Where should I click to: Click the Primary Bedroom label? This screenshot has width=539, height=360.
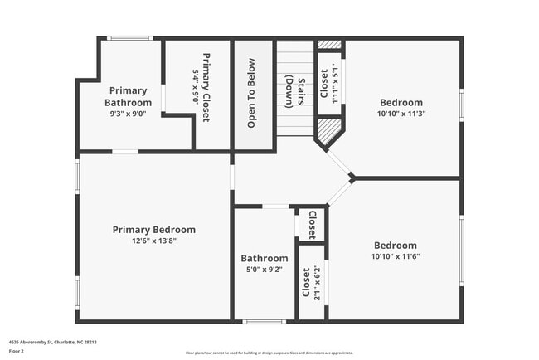pos(154,230)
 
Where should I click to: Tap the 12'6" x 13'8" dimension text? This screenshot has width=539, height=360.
pos(154,241)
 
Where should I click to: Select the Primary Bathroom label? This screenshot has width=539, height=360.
pos(127,96)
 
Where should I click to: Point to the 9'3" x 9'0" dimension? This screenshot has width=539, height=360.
pos(127,114)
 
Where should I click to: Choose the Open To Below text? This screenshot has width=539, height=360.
pos(250,93)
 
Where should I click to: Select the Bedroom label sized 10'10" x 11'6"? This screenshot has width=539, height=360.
pos(396,246)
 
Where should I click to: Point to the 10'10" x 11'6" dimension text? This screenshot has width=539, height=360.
pos(396,257)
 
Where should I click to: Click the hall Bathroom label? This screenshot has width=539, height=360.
pos(265,258)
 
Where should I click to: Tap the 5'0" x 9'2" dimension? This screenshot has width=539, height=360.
pos(265,269)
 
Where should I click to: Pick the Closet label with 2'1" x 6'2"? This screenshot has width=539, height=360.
pos(307,283)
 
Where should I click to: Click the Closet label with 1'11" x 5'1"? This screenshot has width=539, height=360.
pos(324,83)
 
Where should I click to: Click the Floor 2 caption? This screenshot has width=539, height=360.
pos(17,350)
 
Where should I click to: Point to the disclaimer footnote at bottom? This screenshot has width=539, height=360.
pos(269,353)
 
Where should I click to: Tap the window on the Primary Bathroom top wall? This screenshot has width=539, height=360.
pos(130,38)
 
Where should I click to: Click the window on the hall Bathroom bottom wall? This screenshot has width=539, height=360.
pos(264,321)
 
